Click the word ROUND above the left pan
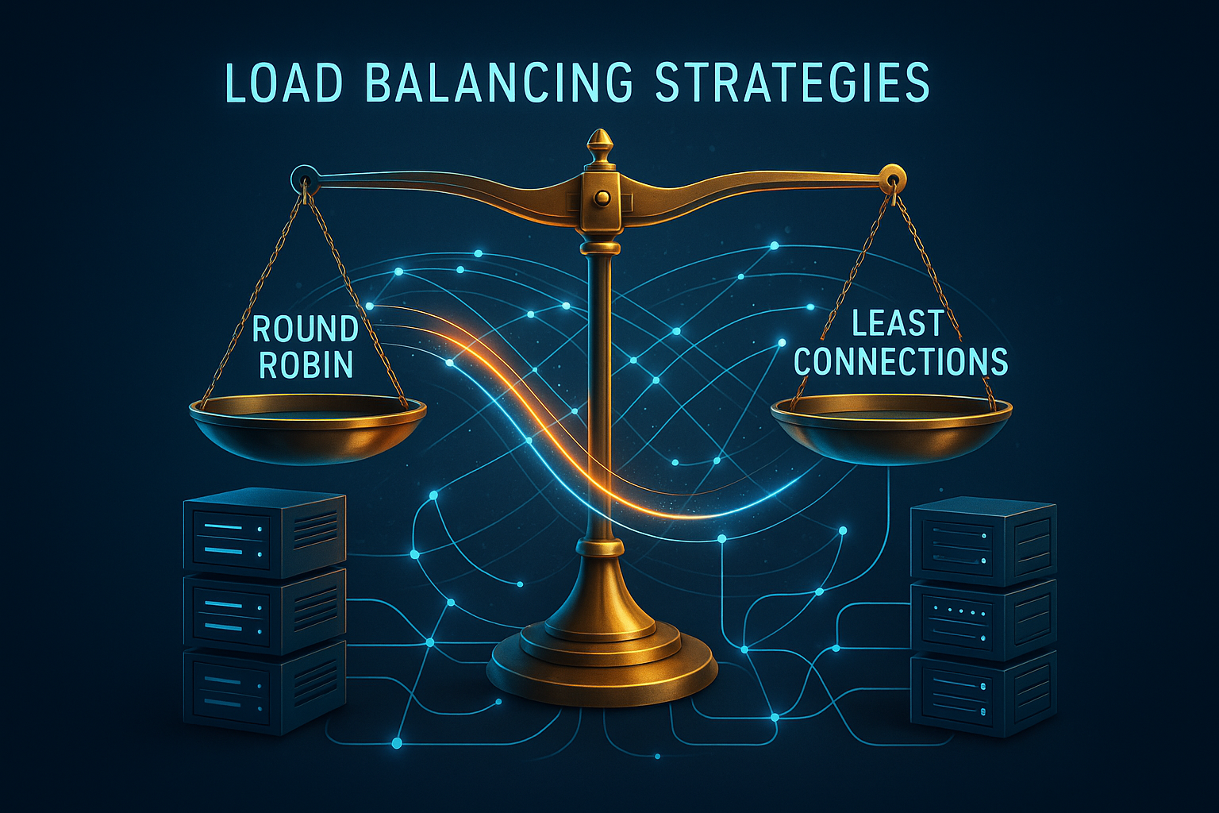point(306,330)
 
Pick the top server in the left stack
point(264,532)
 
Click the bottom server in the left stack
point(264,689)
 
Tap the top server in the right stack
point(983,541)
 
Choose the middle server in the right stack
point(983,619)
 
